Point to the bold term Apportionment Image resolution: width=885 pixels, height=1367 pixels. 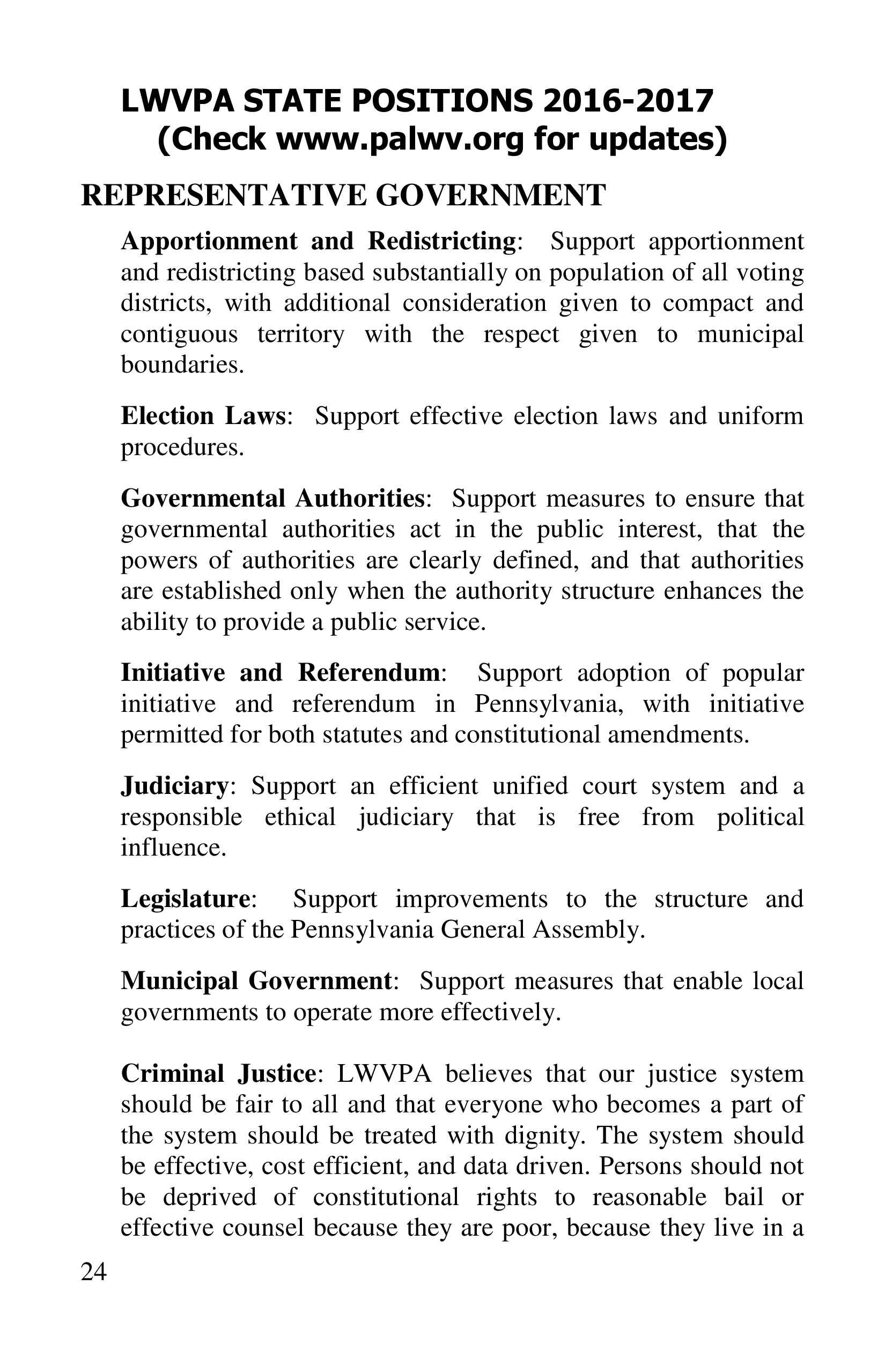[x=209, y=241]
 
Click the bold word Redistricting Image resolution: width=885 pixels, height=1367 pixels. [x=442, y=241]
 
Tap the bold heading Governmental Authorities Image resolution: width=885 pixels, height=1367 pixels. [x=272, y=498]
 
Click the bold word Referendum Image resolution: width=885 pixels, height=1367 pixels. [x=369, y=673]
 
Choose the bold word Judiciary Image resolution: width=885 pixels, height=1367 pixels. [x=175, y=786]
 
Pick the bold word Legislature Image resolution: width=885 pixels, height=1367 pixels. [x=186, y=899]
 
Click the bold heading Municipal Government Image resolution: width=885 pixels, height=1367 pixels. [x=256, y=981]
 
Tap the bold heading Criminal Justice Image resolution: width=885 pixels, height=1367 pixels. [x=218, y=1073]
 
